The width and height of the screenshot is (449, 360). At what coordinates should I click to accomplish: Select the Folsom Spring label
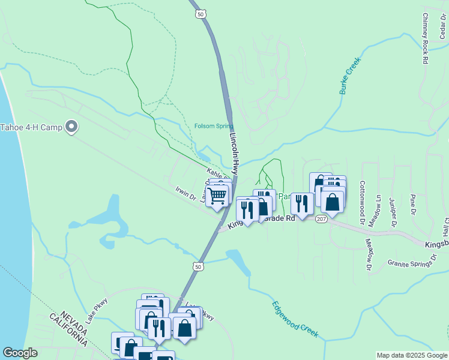214,126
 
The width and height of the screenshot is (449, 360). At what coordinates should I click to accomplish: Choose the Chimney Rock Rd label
425,38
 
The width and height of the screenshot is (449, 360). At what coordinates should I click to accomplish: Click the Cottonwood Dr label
362,203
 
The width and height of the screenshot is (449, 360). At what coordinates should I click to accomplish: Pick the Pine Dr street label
412,204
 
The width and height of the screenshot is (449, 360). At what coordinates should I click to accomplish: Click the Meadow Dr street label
369,254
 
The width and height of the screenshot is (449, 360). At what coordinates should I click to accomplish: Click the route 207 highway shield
321,219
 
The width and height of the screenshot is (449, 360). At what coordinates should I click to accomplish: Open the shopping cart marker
217,194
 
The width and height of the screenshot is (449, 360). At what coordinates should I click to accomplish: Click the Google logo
20,352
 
